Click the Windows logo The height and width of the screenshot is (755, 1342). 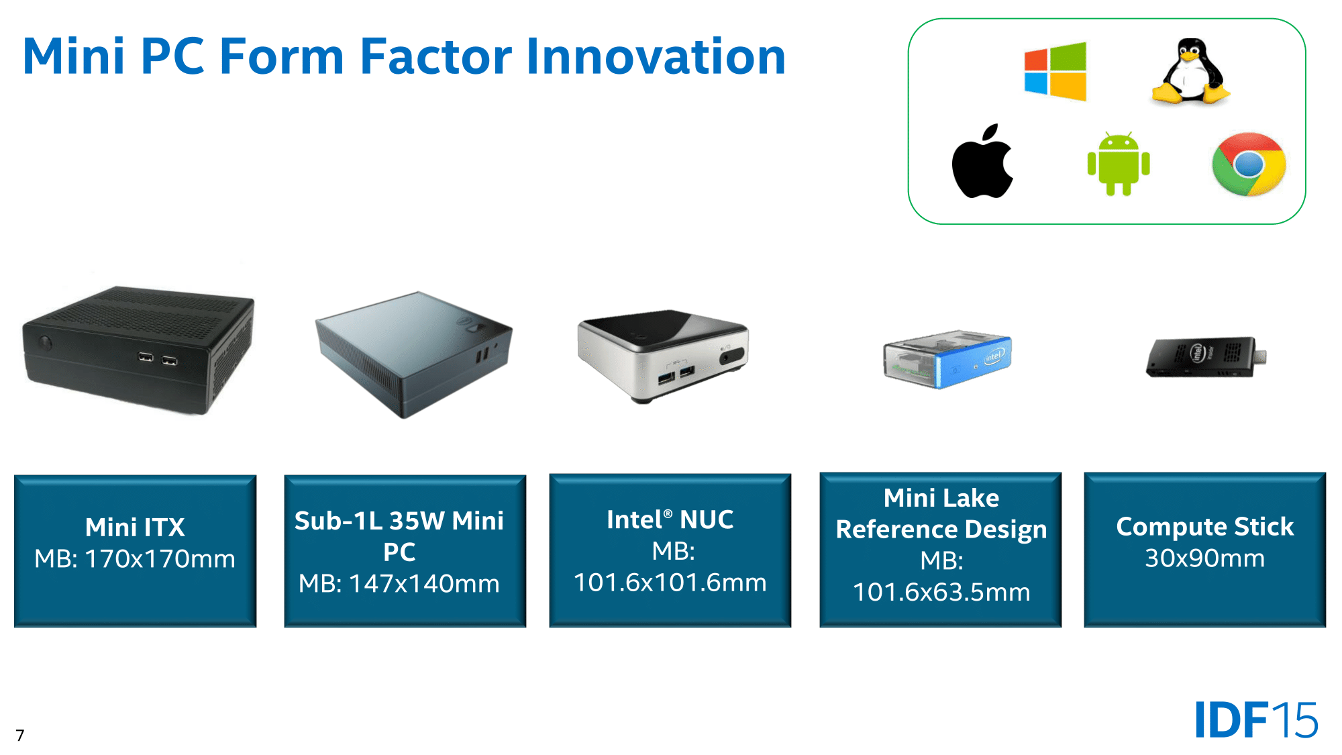coord(1055,72)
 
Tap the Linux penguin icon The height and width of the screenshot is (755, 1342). coord(1191,71)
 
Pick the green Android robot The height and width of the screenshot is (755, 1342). coord(1119,164)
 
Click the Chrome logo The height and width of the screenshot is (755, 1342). coord(1249,164)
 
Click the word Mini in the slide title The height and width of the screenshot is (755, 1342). coord(74,56)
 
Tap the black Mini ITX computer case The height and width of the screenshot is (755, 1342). coord(138,350)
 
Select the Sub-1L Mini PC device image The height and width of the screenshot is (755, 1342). coord(413,354)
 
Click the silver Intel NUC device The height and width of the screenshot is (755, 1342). coord(663,356)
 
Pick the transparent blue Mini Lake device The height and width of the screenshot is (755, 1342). coord(947,359)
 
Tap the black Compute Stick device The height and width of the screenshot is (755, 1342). coord(1206,357)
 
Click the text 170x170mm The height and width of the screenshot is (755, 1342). coord(160,559)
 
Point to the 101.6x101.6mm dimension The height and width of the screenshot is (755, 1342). coord(670,583)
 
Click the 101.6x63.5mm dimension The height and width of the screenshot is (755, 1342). coord(941,592)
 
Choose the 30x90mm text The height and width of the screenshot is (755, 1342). coord(1204,558)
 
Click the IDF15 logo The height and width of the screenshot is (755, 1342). coord(1256,719)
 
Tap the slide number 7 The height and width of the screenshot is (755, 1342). coord(20,736)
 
